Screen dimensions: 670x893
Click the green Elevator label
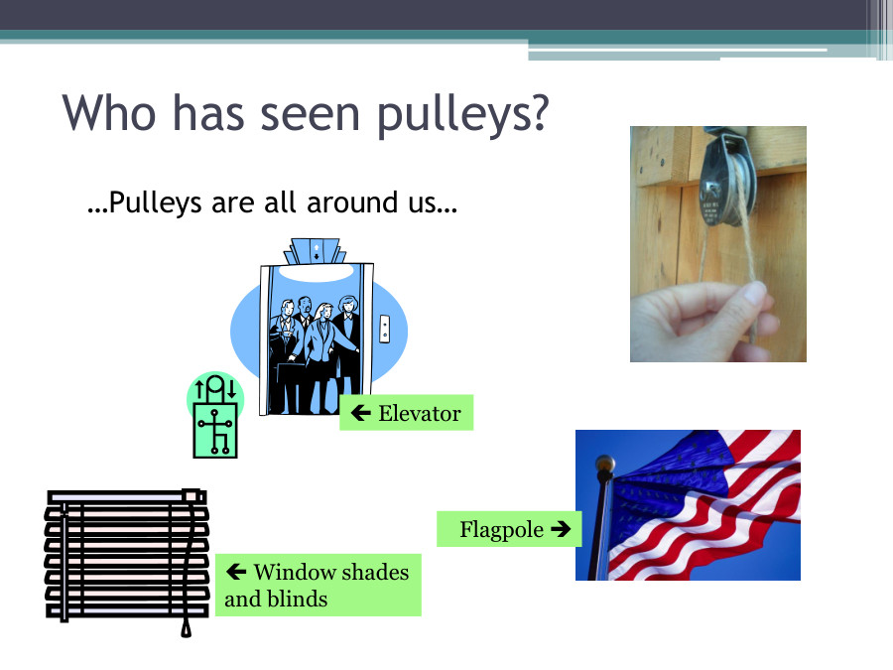(406, 413)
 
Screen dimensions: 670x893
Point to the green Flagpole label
(508, 529)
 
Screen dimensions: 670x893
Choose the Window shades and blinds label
(318, 585)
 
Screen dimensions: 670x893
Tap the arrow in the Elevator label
(361, 413)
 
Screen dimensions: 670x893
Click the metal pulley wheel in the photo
(719, 189)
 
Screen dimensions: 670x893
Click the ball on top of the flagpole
(604, 465)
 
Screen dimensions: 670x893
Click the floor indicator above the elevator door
(316, 251)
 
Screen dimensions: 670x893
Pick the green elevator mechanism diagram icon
(215, 417)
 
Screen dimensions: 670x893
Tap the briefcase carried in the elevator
(291, 382)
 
